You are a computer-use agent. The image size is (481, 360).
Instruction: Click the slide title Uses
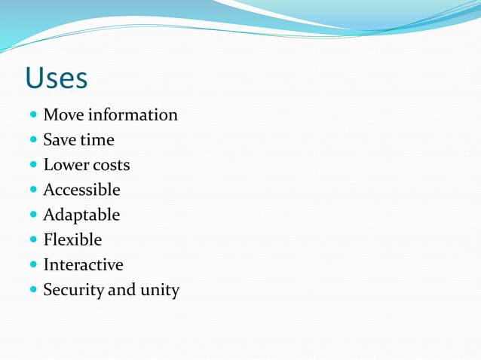pyautogui.click(x=56, y=78)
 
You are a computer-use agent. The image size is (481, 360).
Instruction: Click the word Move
pyautogui.click(x=63, y=115)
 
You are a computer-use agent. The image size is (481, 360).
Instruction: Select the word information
pyautogui.click(x=133, y=115)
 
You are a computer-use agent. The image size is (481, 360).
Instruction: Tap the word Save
pyautogui.click(x=58, y=140)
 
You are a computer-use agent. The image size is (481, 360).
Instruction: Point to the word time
pyautogui.click(x=97, y=140)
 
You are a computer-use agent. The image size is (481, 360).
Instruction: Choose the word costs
pyautogui.click(x=111, y=166)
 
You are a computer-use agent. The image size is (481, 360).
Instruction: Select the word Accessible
pyautogui.click(x=81, y=190)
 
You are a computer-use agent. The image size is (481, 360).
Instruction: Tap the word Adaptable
pyautogui.click(x=81, y=215)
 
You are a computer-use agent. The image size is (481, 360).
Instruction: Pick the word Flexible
pyautogui.click(x=72, y=240)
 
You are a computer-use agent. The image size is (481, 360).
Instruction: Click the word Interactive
pyautogui.click(x=83, y=265)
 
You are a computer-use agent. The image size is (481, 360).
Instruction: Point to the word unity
pyautogui.click(x=159, y=291)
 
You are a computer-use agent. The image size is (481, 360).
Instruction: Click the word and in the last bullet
pyautogui.click(x=122, y=290)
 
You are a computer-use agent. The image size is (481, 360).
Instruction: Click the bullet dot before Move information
pyautogui.click(x=33, y=116)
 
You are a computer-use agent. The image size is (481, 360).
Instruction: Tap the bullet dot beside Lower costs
pyautogui.click(x=33, y=166)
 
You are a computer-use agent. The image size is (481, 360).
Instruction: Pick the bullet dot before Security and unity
pyautogui.click(x=33, y=291)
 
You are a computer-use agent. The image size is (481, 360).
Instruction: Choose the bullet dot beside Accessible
pyautogui.click(x=33, y=191)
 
